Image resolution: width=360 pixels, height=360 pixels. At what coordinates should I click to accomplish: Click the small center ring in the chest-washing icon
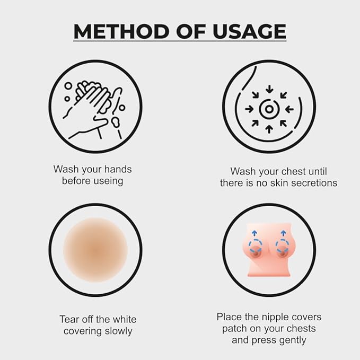[x=269, y=109]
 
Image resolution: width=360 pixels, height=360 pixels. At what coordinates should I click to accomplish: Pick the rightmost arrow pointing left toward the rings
[x=289, y=109]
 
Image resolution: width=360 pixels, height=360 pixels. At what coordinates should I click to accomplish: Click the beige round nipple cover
[x=95, y=250]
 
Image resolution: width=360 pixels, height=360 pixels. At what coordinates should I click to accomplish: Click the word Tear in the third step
[x=70, y=319]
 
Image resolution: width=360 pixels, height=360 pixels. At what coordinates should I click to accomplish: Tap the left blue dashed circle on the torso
[x=256, y=246]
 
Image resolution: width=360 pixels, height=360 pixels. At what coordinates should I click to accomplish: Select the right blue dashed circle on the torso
[x=282, y=246]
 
